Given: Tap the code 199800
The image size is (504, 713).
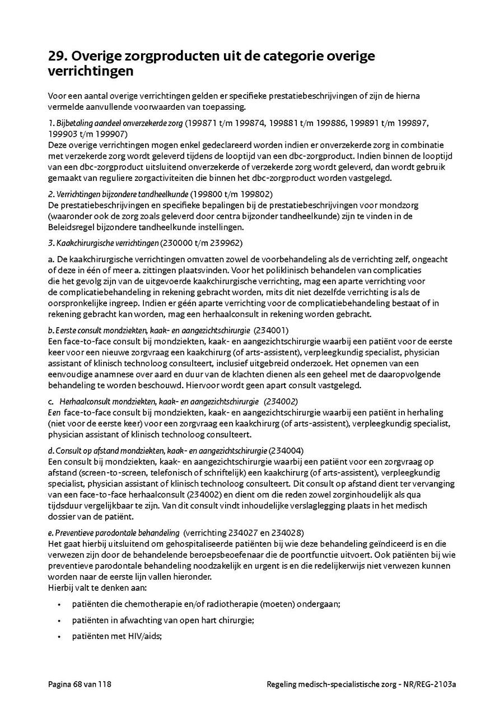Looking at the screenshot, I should coord(204,194).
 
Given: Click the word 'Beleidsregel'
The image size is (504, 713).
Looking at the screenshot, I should coord(69,227).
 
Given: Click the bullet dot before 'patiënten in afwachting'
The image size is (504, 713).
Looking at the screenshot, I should coord(59,621).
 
